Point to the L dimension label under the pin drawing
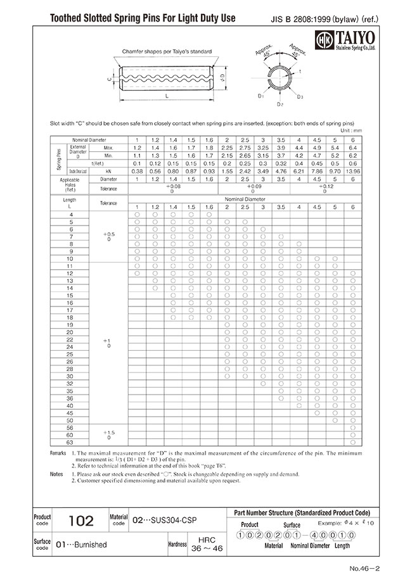[x=165, y=95]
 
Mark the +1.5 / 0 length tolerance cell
[x=109, y=434]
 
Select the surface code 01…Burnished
[x=82, y=544]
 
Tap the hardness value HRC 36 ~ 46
[x=202, y=544]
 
